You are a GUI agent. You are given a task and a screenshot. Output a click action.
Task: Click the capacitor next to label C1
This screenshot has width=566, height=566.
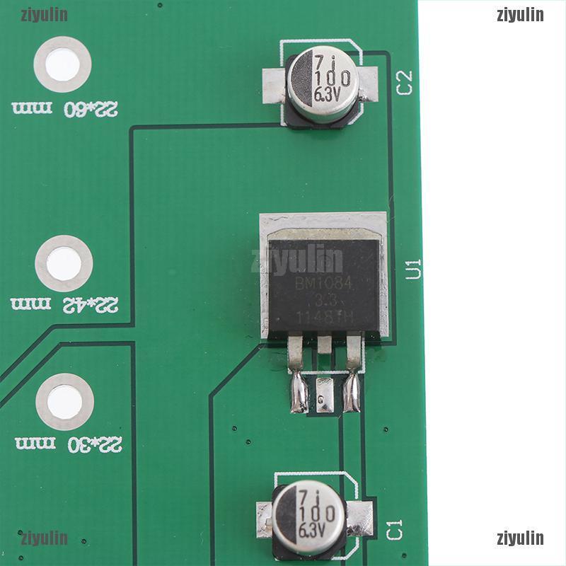pos(309,512)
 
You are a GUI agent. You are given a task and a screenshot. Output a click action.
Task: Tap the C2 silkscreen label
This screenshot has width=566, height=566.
pos(405,83)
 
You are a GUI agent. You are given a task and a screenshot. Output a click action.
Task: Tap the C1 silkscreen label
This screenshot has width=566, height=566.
pos(395,529)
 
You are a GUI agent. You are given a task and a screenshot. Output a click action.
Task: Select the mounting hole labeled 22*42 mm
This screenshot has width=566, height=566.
pos(64,263)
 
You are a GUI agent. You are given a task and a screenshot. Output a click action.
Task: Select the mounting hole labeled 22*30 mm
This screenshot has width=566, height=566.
pos(64,401)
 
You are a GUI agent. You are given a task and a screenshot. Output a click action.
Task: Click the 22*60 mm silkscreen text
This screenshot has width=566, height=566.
pos(65,108)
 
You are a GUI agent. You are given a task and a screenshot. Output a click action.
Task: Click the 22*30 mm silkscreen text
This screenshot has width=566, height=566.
pos(68,444)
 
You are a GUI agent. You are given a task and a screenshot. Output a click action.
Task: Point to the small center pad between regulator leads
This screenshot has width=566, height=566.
pos(325,393)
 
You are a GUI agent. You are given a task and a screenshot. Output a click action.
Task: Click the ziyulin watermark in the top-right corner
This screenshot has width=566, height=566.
pos(520,15)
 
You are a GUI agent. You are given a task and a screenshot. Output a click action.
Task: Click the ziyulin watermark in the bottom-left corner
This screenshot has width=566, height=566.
pos(44,538)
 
